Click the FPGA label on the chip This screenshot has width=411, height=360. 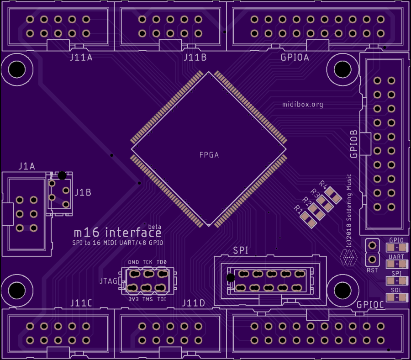pos(209,155)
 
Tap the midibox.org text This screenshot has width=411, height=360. pos(302,105)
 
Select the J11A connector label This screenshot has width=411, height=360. pos(81,58)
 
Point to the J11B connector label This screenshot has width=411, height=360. pos(195,58)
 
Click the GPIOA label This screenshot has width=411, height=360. pos(295,58)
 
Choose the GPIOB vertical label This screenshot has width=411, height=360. pos(354,143)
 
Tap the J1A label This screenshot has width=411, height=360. pos(26,166)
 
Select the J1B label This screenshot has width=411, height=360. pos(83,192)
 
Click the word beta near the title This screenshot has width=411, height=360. pos(154,227)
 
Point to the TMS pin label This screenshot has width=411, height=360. pos(148,299)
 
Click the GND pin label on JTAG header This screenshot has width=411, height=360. pos(133,262)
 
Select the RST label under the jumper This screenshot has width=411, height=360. pos(372,270)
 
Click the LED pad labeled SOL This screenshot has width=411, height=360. pos(396,297)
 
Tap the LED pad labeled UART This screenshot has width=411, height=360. pos(396,265)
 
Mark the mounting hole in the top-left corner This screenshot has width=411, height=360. pos(17,69)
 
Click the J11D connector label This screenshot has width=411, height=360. pos(194,303)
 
